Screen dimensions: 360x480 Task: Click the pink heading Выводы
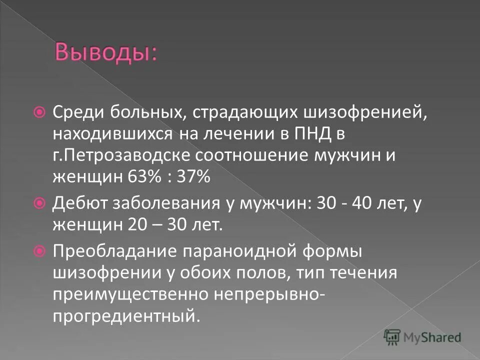point(105,53)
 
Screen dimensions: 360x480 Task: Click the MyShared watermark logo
point(422,337)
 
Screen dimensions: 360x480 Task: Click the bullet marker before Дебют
point(42,203)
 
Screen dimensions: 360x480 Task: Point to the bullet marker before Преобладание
point(42,250)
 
